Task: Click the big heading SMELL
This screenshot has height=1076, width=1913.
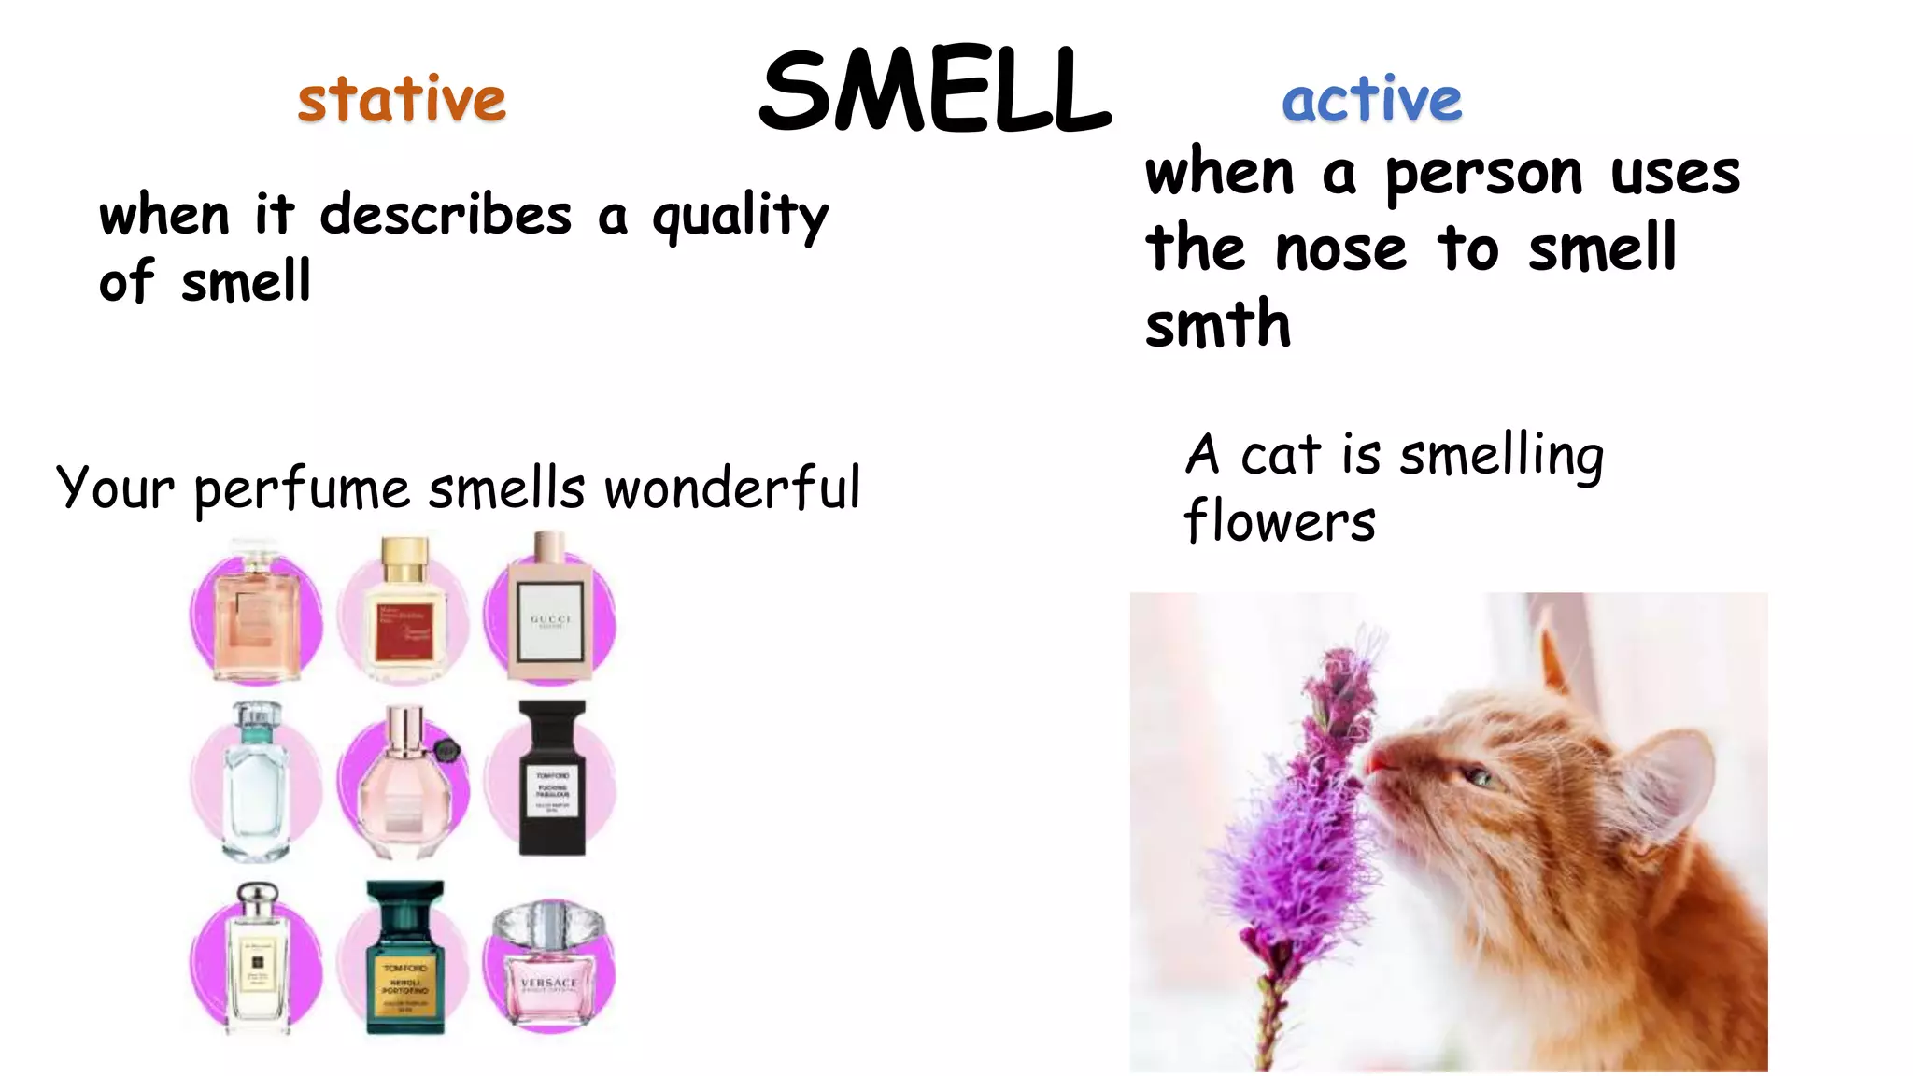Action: [x=935, y=92]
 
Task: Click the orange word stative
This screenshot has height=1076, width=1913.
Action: [x=402, y=99]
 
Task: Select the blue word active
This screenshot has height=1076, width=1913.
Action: [x=1371, y=99]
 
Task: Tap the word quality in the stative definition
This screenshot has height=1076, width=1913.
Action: [x=740, y=217]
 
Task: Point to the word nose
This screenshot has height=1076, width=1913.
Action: [x=1340, y=250]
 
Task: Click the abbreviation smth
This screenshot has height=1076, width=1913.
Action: [x=1218, y=324]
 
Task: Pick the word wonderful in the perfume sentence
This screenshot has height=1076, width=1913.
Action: [x=732, y=488]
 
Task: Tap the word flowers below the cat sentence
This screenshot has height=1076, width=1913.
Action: [x=1280, y=521]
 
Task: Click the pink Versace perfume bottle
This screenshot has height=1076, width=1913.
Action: [x=549, y=967]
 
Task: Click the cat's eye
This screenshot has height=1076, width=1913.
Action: [x=1477, y=775]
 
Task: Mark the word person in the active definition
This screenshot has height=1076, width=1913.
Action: [x=1483, y=175]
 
